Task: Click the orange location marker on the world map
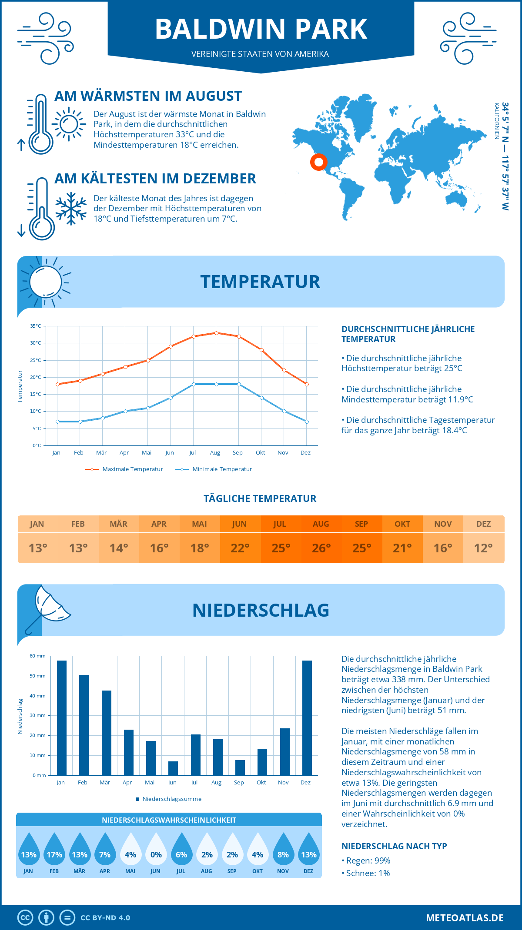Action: [319, 162]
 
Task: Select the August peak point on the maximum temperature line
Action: [216, 333]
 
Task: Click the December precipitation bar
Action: [307, 717]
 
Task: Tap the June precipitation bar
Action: [173, 768]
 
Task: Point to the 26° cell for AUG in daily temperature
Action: [321, 548]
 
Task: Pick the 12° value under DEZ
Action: [483, 548]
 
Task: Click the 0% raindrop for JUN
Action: [156, 851]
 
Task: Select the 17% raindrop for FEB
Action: [54, 851]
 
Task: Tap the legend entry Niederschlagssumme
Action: [172, 799]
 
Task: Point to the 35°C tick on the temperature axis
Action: [36, 326]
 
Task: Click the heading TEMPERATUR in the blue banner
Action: [260, 282]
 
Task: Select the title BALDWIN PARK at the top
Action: [261, 29]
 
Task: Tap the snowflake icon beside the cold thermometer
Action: [71, 208]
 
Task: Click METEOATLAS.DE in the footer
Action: [465, 917]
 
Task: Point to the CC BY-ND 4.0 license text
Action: [105, 917]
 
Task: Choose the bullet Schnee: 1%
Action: [366, 873]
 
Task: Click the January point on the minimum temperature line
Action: [57, 422]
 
